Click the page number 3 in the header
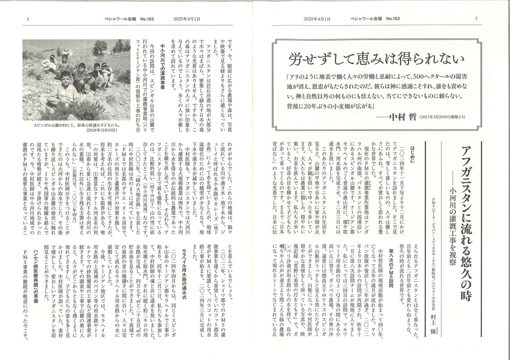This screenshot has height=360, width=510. point(28,19)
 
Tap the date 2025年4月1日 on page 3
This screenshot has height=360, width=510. point(187,19)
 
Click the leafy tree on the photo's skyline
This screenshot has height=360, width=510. point(98,46)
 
